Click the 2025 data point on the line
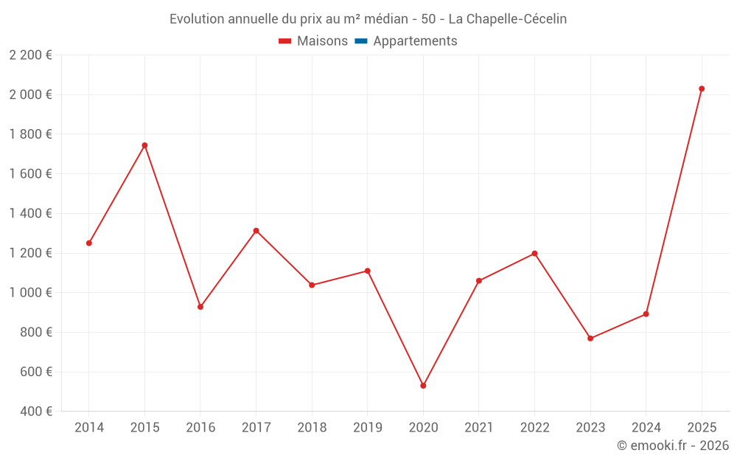tap(702, 89)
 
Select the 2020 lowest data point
tap(423, 386)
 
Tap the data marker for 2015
tap(144, 145)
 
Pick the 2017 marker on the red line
tap(256, 231)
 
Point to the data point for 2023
tap(590, 339)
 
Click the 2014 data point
tap(89, 243)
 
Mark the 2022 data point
tap(534, 254)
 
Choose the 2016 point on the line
tap(200, 307)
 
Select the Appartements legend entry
tap(415, 41)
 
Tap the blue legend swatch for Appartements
tap(360, 41)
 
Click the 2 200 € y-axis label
tap(30, 55)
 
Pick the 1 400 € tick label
tap(30, 214)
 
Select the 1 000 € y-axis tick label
tap(30, 293)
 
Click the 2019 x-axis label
tap(367, 428)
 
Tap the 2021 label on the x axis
tap(479, 428)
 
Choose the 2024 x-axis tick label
tap(646, 428)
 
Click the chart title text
tap(368, 19)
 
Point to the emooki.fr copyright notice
tap(672, 446)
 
